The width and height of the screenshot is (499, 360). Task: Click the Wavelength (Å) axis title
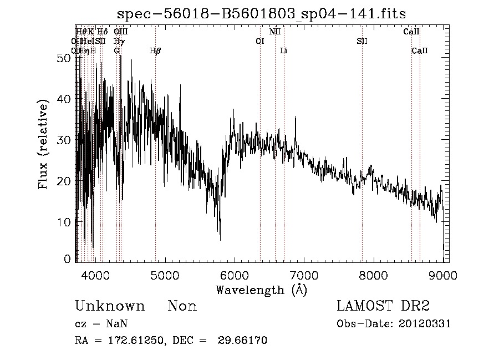point(261,289)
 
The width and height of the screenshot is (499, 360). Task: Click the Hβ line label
point(155,51)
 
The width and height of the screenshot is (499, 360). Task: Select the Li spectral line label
point(283,51)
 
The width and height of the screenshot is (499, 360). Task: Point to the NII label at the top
point(275,32)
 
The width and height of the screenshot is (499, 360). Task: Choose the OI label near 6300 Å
point(259,41)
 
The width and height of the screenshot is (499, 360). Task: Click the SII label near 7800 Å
point(362,41)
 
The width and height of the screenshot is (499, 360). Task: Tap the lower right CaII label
point(420,51)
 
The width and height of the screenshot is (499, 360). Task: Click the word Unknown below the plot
point(110,306)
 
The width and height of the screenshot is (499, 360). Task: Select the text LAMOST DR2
point(383,306)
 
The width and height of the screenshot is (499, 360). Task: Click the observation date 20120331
point(426,324)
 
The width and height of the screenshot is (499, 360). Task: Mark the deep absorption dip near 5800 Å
point(220,237)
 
